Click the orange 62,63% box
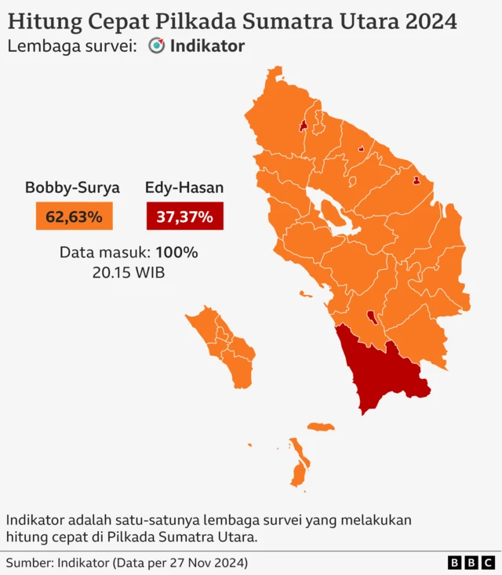pyautogui.click(x=74, y=216)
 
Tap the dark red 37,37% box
pyautogui.click(x=184, y=216)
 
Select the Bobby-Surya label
pyautogui.click(x=72, y=187)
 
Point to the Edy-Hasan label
pyautogui.click(x=184, y=187)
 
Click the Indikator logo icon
pyautogui.click(x=157, y=46)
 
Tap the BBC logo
pyautogui.click(x=471, y=562)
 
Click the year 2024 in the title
pyautogui.click(x=431, y=21)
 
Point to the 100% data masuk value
pyautogui.click(x=176, y=253)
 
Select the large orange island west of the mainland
pyautogui.click(x=224, y=345)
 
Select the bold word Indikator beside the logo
pyautogui.click(x=207, y=46)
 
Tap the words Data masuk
pyautogui.click(x=105, y=253)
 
